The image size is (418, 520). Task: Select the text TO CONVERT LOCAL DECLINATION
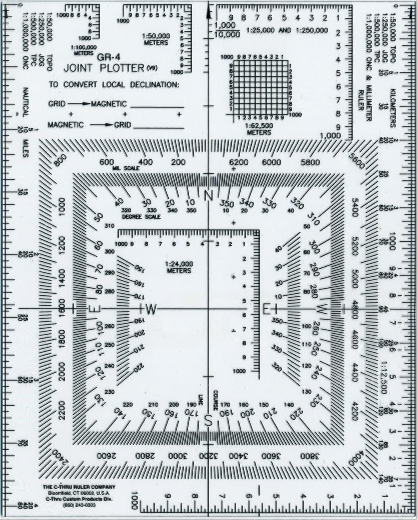pyautogui.click(x=114, y=85)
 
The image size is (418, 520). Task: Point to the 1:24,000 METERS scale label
pyautogui.click(x=179, y=267)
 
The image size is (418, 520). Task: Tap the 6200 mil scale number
pyautogui.click(x=239, y=162)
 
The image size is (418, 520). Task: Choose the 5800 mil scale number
pyautogui.click(x=310, y=162)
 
